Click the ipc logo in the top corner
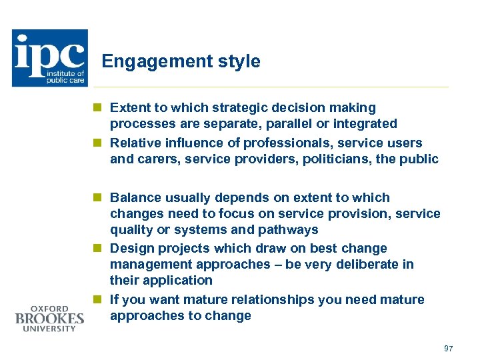click(49, 58)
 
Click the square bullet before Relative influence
click(97, 143)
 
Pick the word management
click(147, 265)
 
